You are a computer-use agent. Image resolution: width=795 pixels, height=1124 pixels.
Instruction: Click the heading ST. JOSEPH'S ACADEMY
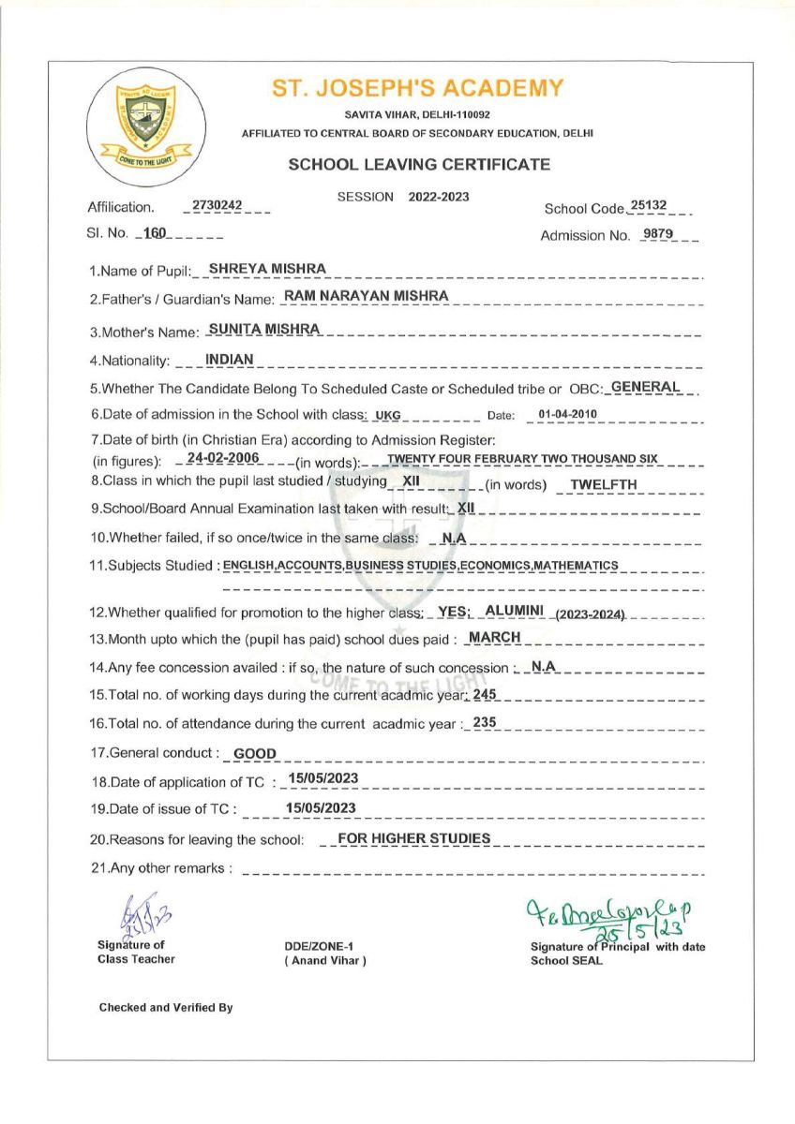click(x=418, y=89)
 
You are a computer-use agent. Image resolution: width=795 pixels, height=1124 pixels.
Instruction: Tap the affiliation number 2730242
click(x=217, y=205)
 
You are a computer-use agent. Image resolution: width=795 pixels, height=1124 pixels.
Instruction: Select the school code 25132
click(x=649, y=205)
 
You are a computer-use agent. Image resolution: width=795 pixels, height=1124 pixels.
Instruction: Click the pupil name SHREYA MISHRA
click(x=267, y=269)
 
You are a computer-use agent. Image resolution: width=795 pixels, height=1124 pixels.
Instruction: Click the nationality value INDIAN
click(x=222, y=359)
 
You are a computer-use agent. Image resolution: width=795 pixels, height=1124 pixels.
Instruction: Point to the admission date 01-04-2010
click(x=568, y=414)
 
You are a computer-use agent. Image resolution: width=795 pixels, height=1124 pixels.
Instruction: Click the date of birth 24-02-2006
click(x=222, y=458)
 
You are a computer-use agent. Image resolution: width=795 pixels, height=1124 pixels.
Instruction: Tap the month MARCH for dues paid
click(x=494, y=638)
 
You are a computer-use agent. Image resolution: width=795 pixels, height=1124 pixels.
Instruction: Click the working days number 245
click(x=485, y=694)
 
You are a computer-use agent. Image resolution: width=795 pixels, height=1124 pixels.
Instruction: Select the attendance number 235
click(x=484, y=722)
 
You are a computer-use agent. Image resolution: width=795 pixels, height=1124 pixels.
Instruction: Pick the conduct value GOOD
click(x=254, y=753)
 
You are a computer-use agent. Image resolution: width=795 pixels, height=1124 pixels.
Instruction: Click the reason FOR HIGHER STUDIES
click(x=413, y=838)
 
